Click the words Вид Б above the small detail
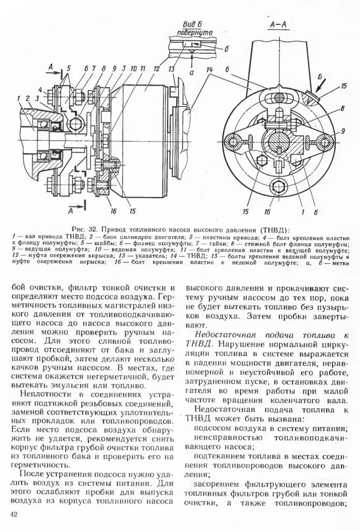188,24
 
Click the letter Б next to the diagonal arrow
321,77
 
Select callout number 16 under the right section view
267,211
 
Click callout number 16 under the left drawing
112,211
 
